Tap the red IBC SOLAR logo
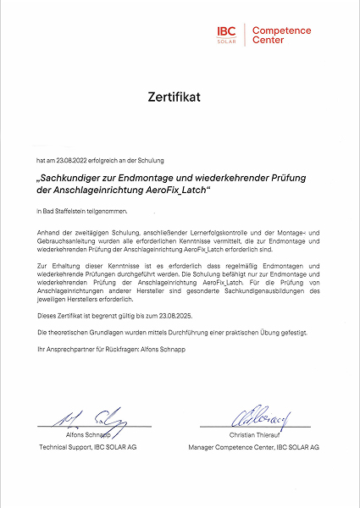tap(226, 34)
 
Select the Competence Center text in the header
tap(282, 35)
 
